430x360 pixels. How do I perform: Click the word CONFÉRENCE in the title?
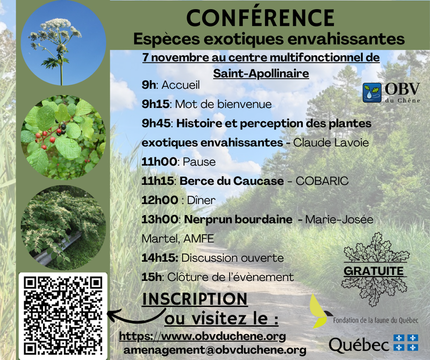point(260,18)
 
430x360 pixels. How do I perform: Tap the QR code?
point(63,316)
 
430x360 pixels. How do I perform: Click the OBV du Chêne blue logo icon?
point(372,92)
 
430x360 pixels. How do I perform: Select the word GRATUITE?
point(374,271)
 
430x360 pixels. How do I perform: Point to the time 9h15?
point(155,104)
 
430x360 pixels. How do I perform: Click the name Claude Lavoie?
point(331,142)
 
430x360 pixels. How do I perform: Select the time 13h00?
point(160,219)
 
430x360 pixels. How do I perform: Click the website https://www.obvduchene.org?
point(203,336)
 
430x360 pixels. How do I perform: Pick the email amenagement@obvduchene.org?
point(214,350)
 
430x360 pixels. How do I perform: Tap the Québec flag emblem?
point(406,342)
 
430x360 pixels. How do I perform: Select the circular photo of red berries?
point(63,138)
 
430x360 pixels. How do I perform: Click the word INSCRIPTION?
point(195,299)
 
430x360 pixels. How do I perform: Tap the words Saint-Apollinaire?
point(261,74)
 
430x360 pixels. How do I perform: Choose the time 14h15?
point(160,258)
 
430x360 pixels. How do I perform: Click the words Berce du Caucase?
point(232,181)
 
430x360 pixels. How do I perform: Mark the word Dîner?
point(201,200)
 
